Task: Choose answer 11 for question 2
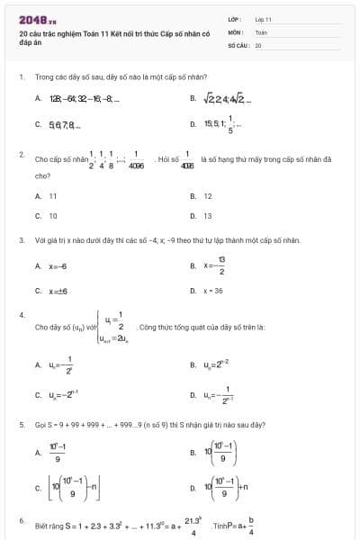[x=53, y=195]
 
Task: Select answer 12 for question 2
[x=208, y=195]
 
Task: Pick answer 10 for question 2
[x=53, y=216]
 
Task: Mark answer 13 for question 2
[x=208, y=216]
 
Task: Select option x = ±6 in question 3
[x=58, y=291]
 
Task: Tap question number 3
[x=21, y=240]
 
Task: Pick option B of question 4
[x=215, y=364]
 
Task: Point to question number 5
[x=21, y=423]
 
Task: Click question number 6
[x=21, y=520]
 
